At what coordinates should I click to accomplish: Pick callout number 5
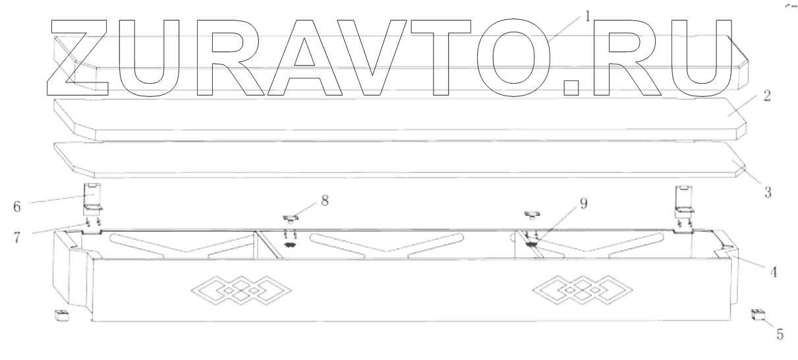(779, 334)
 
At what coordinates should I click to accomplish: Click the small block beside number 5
(756, 315)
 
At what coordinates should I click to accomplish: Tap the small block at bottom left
(62, 315)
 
